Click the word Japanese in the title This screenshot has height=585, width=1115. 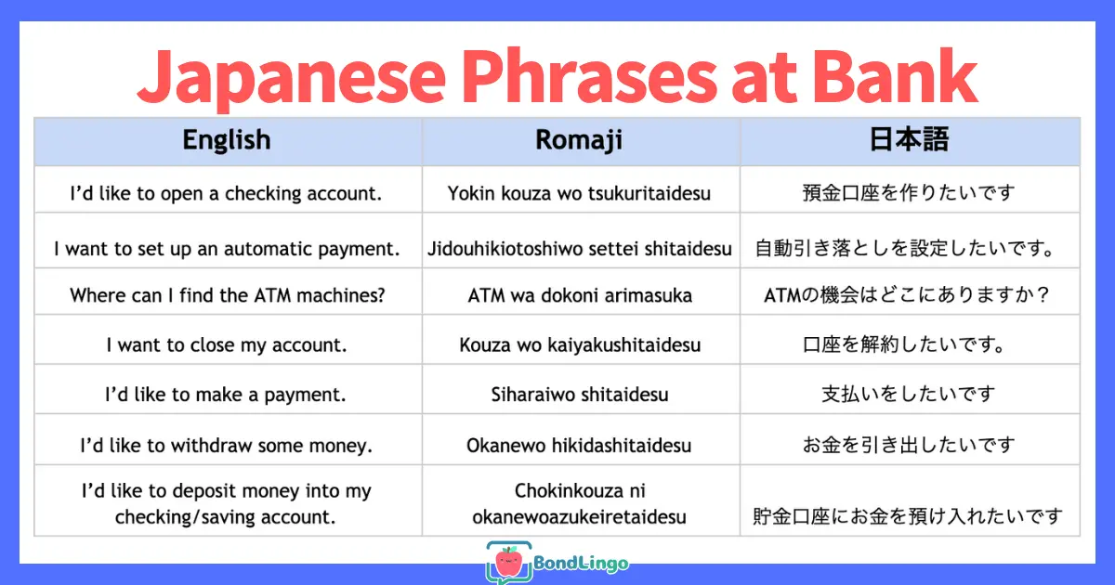click(291, 79)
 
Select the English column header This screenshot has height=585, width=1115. click(227, 140)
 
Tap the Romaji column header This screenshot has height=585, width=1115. click(579, 140)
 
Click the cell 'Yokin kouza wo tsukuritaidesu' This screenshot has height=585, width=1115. click(579, 193)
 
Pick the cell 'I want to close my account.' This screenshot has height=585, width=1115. click(227, 344)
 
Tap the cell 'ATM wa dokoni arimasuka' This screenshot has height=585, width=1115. click(580, 295)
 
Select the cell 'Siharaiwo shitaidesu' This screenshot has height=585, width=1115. click(580, 395)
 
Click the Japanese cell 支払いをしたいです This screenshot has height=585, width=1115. click(909, 394)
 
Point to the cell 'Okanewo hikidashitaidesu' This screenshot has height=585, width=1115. click(579, 445)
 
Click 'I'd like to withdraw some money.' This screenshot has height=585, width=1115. click(227, 445)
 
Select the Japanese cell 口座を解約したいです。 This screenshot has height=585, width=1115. click(905, 344)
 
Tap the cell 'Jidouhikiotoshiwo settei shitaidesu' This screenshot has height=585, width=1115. click(580, 249)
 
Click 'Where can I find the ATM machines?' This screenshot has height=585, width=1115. click(228, 295)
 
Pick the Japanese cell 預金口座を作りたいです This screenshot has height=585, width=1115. click(909, 192)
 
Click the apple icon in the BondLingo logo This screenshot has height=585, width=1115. click(509, 562)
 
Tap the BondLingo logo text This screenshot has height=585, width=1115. click(581, 563)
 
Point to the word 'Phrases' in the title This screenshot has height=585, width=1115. click(589, 75)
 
